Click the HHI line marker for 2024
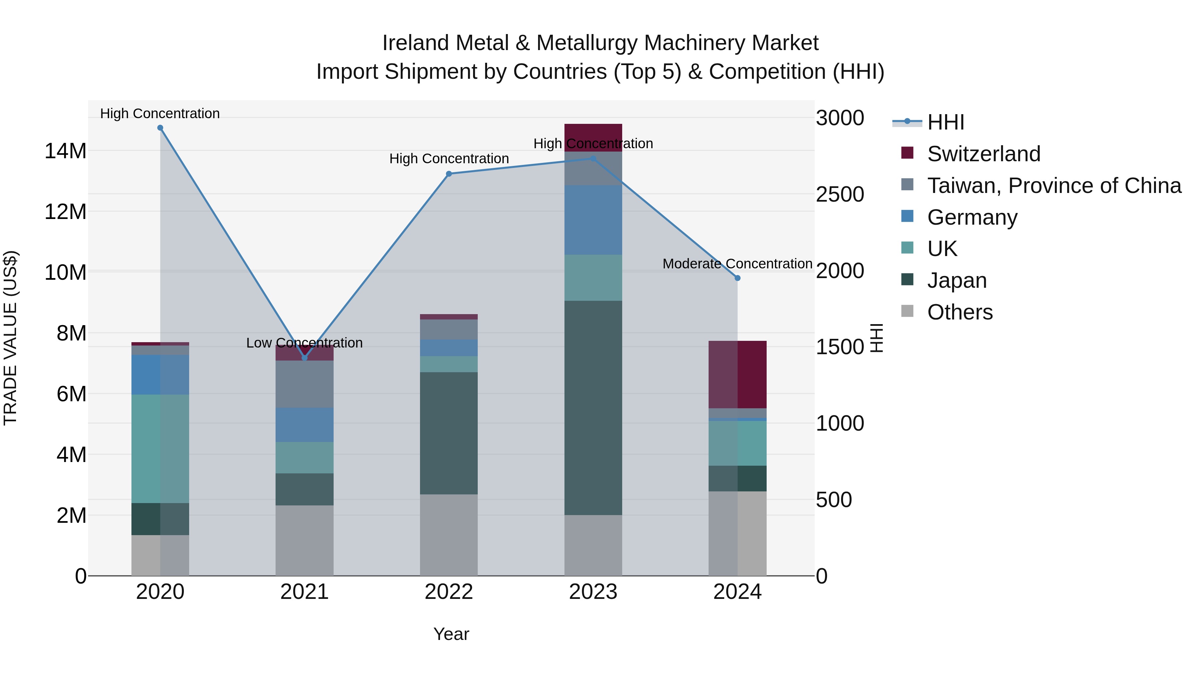(x=738, y=278)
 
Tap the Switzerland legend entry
(x=984, y=154)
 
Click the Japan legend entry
(x=957, y=280)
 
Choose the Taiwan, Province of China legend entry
(x=1054, y=186)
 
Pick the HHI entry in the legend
(x=945, y=122)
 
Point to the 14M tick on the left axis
(x=65, y=151)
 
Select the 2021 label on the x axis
(x=305, y=592)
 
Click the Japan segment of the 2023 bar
(x=593, y=408)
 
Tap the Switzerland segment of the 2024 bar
(x=738, y=375)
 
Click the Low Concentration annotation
(x=305, y=343)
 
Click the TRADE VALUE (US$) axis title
(x=10, y=338)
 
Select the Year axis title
(x=451, y=634)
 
